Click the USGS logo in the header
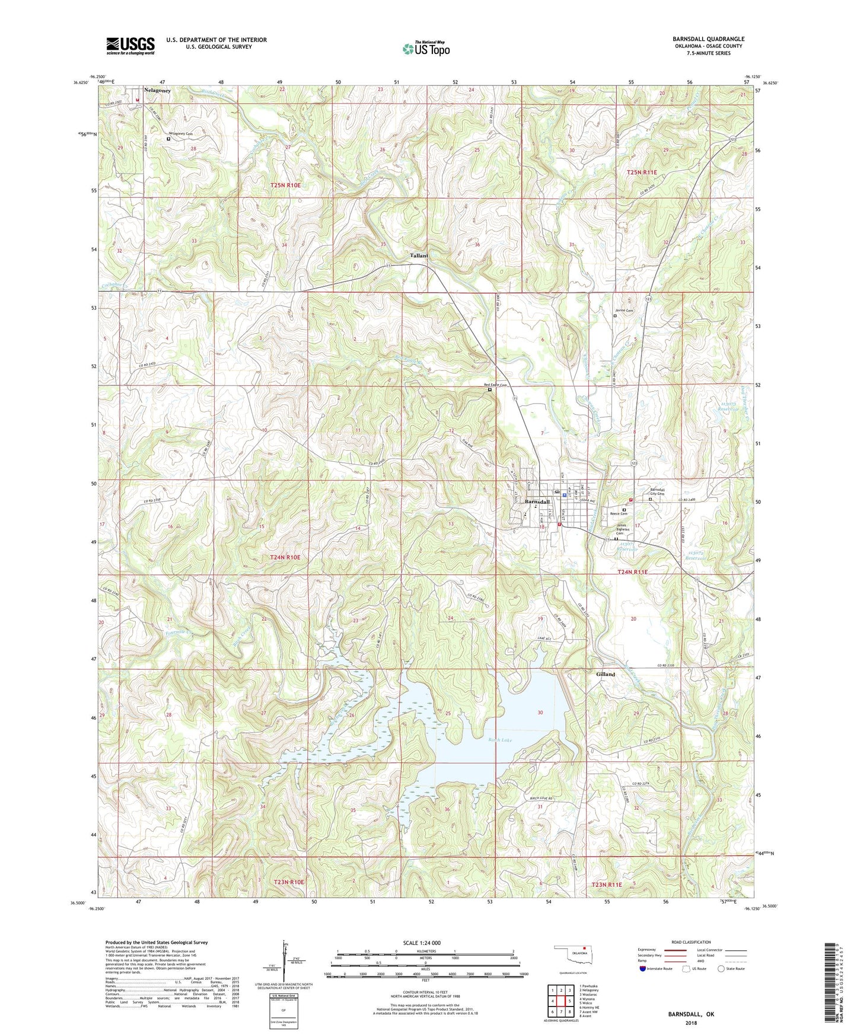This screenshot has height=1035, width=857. click(x=130, y=45)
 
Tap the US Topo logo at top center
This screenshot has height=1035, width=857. click(x=426, y=48)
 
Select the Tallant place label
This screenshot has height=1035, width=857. click(x=419, y=255)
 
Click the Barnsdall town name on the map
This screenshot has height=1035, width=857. click(x=537, y=502)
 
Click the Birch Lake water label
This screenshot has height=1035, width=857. click(x=500, y=740)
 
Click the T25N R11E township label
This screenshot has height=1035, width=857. click(x=642, y=172)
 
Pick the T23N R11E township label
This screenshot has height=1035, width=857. click(x=607, y=884)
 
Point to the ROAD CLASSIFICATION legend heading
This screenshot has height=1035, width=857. click(x=690, y=942)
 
